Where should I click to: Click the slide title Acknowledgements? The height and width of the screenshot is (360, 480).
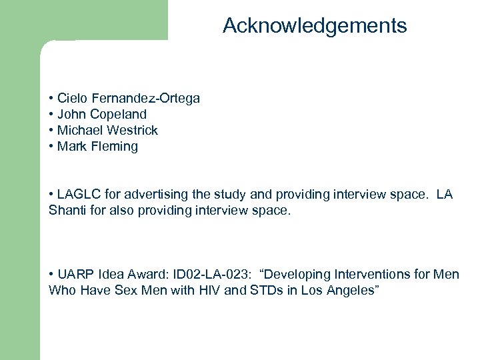coord(315,26)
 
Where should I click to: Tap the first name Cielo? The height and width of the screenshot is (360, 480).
coord(73,99)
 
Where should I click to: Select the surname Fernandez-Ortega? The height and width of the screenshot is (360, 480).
coord(145,99)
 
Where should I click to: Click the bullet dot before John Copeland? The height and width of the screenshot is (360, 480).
coord(52,115)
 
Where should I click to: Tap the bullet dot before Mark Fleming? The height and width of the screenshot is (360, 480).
coord(52,147)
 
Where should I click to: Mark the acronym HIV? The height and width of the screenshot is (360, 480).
coord(211,291)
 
